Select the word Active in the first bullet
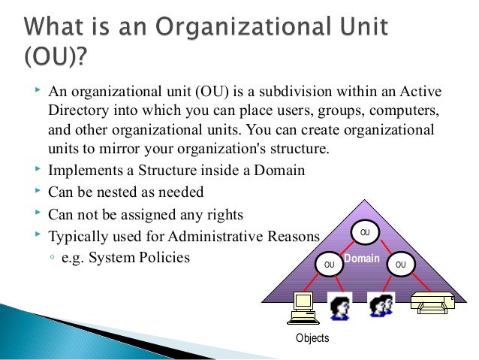point(422,93)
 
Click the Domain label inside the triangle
point(363,259)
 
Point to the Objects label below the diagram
point(312,338)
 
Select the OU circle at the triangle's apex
point(364,232)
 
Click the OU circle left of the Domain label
point(328,265)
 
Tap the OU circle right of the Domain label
point(400,265)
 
